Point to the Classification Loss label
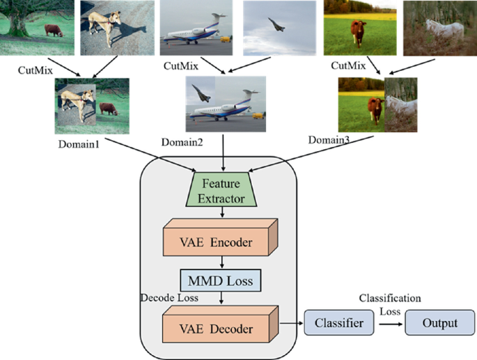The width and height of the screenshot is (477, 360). tap(389, 303)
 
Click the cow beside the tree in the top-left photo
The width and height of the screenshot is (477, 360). tap(53, 30)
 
